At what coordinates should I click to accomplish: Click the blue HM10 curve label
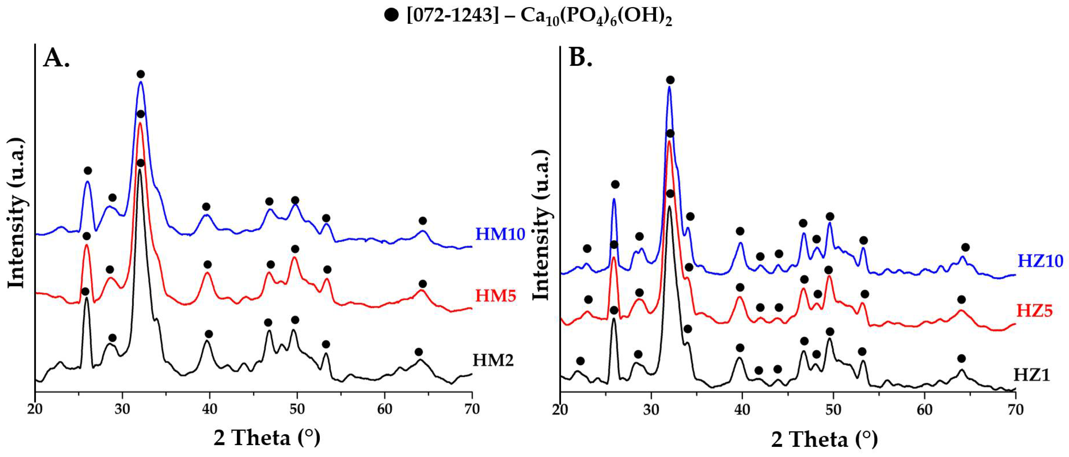tap(500, 234)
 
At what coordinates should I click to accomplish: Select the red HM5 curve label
tap(495, 296)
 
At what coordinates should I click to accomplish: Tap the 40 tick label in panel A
tap(210, 409)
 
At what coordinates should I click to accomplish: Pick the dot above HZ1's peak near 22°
tap(580, 361)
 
